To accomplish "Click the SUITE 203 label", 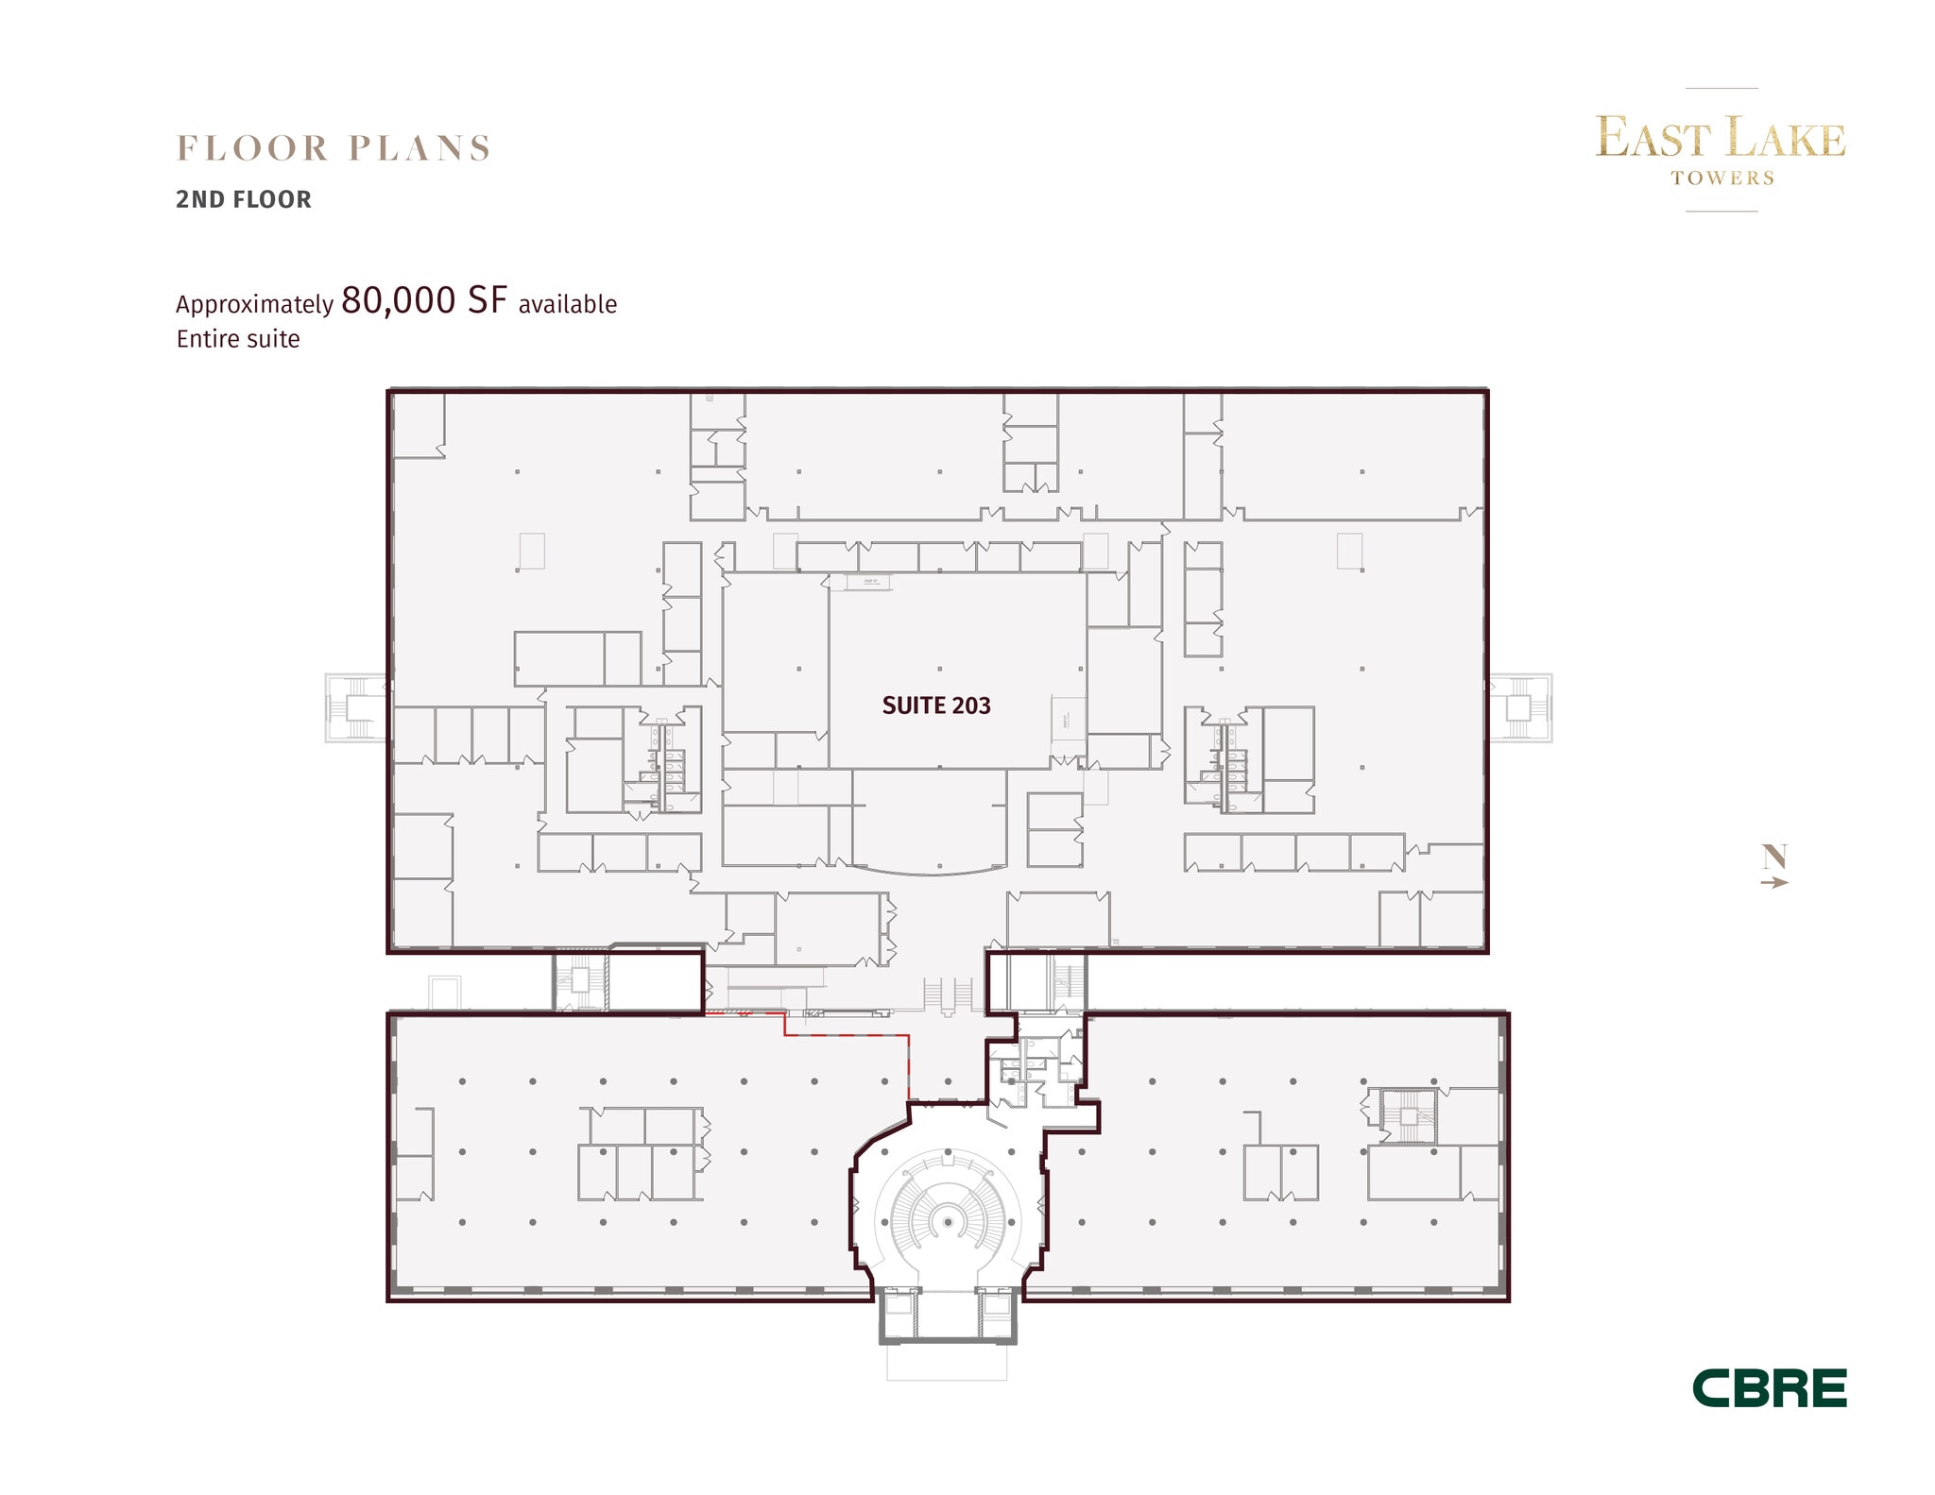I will coord(935,705).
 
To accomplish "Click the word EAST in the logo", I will coord(1653,139).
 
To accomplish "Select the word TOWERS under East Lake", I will coord(1721,178).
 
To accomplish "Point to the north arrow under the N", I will coord(1774,882).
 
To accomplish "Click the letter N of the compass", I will coord(1774,857).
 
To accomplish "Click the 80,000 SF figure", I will coord(424,300).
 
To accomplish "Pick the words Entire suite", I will coord(238,339).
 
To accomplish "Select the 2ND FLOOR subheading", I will coord(244,199).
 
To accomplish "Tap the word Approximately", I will coord(254,304).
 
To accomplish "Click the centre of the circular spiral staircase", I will coord(947,1222).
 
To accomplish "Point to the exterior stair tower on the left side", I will coord(356,707).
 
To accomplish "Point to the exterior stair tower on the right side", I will coord(1519,707).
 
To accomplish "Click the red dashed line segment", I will coord(846,1036).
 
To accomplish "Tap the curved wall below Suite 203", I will coord(930,871).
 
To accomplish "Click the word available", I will coord(567,304).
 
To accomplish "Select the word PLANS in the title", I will coord(420,148).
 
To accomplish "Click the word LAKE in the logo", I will coord(1786,139).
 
